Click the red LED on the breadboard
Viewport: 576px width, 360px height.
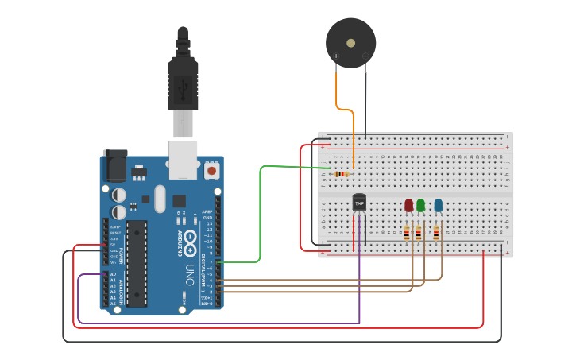408,205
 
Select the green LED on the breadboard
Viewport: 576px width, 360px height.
420,205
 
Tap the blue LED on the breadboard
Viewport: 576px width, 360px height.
438,205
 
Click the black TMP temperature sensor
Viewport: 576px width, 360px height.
359,203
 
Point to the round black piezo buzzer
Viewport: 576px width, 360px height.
350,41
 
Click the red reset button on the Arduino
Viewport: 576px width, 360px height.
212,169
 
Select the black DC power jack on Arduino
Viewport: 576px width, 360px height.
115,167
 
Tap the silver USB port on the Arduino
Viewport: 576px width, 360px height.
184,159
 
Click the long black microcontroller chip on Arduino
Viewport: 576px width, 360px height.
137,263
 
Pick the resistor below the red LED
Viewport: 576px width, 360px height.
407,233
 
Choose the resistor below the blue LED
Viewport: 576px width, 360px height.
435,233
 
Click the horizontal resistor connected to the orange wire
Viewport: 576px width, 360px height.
342,174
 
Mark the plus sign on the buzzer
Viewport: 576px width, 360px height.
336,56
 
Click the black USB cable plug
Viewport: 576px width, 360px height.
182,79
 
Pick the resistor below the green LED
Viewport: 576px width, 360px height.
419,233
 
